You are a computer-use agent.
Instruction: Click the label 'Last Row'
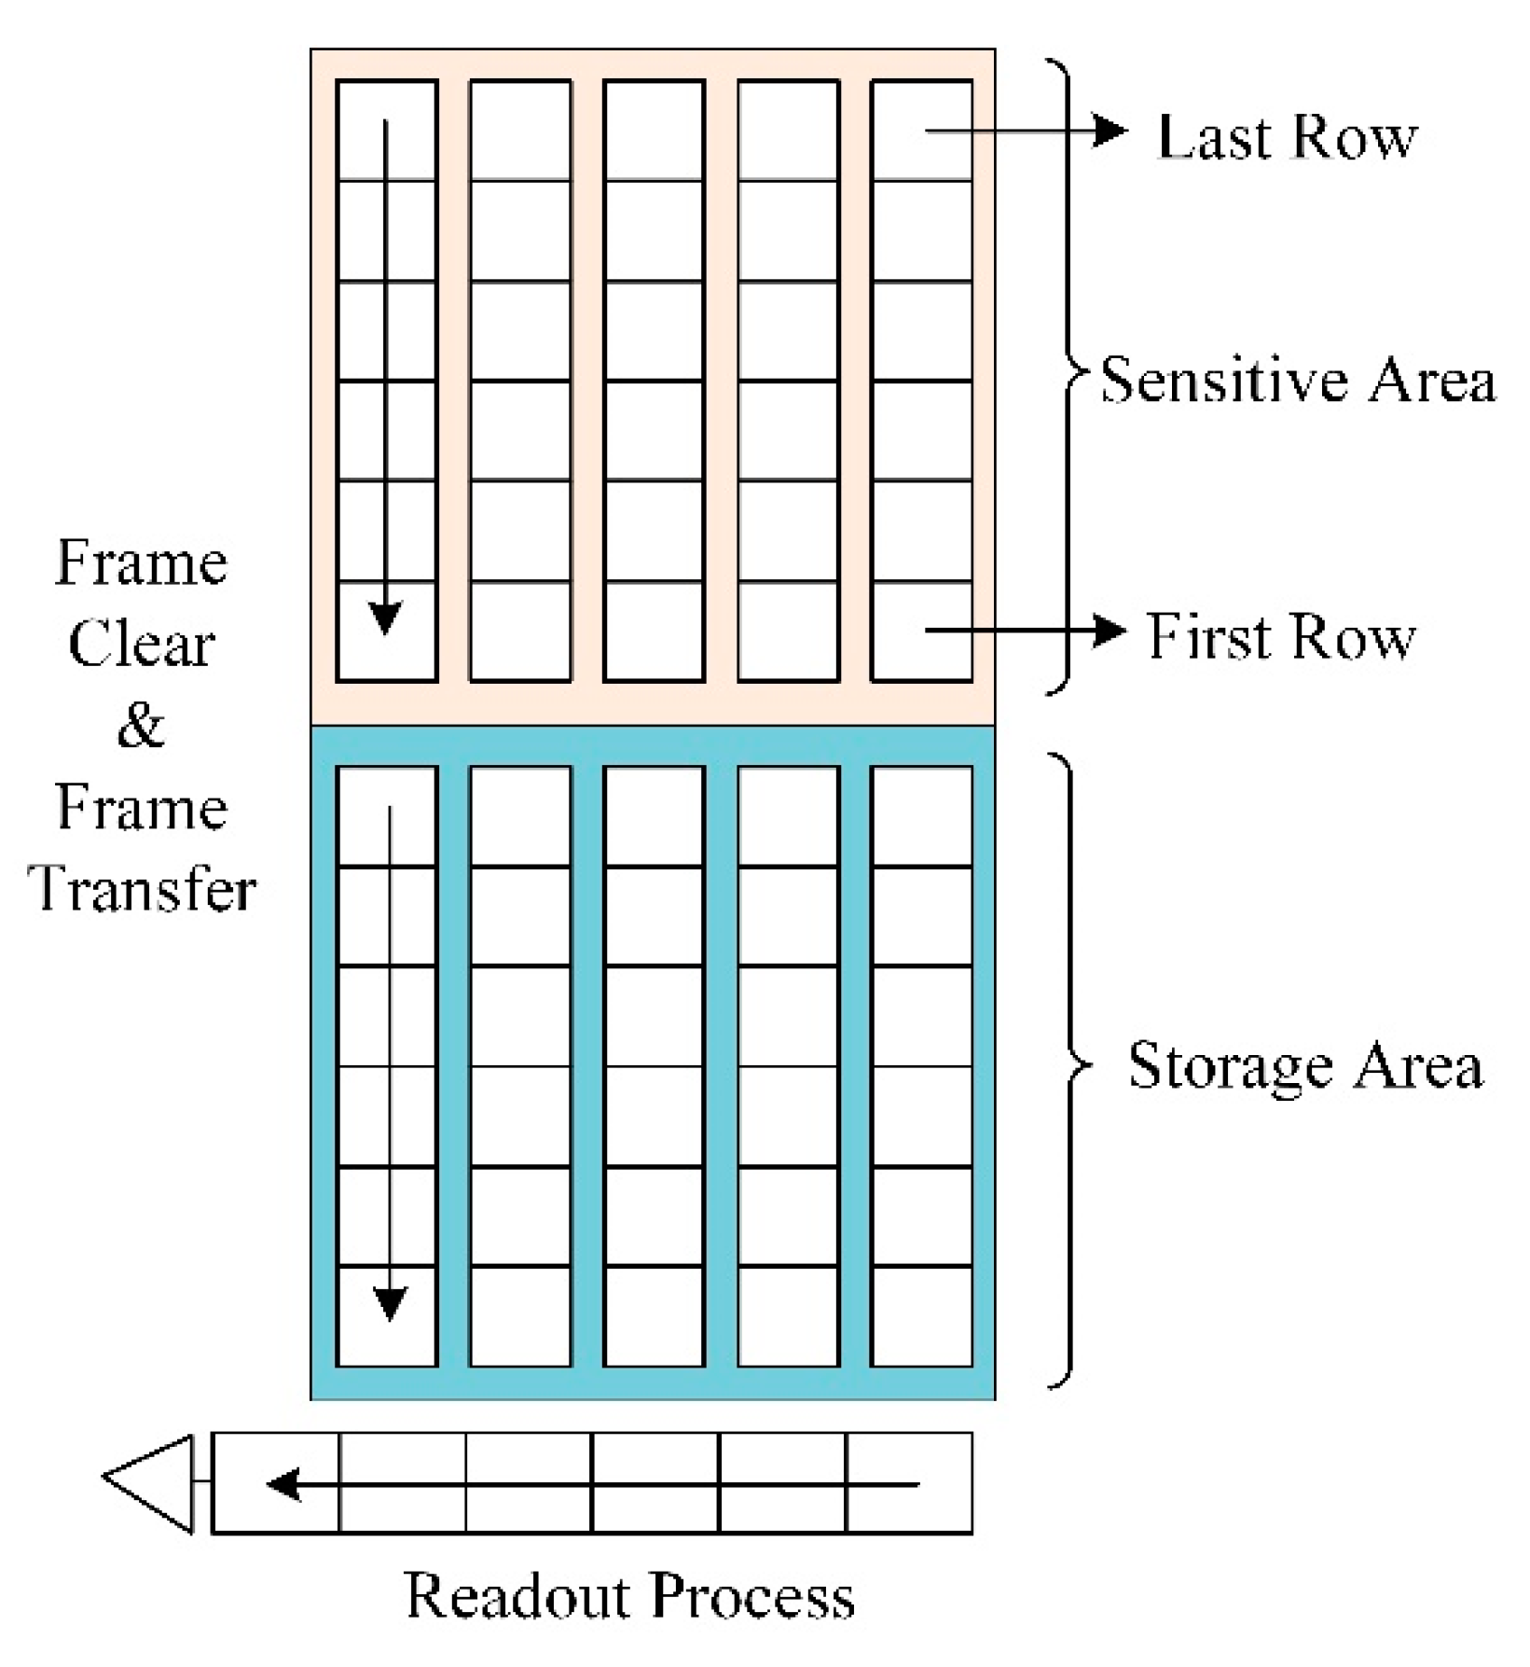pos(1286,138)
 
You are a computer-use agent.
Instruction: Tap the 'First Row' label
pos(1280,637)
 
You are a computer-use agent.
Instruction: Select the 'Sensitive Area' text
pos(1298,381)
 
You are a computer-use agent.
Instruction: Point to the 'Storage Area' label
pos(1304,1065)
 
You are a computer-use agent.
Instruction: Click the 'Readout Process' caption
pos(630,1596)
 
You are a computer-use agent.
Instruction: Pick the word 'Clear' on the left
pos(142,644)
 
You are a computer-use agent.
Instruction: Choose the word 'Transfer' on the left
pos(142,888)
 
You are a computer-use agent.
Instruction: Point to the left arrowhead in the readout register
pos(283,1483)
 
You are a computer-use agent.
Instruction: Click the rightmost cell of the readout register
pos(909,1483)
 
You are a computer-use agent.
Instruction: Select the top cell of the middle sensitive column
pos(654,131)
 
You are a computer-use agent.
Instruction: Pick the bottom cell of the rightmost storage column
pos(921,1316)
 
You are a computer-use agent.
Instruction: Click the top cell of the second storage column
pos(520,816)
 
